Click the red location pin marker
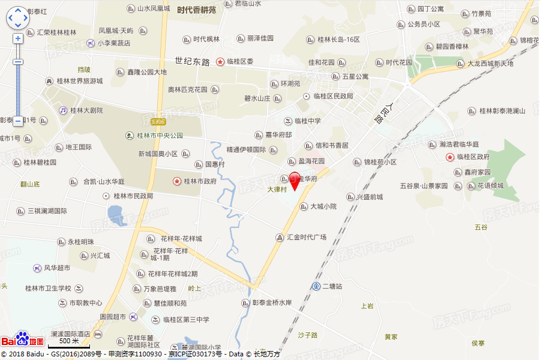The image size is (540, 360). click(x=295, y=181)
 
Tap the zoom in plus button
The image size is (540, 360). click(x=18, y=38)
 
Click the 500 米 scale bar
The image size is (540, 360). click(x=68, y=343)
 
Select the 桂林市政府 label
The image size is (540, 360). click(x=200, y=181)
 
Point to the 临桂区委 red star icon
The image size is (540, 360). click(x=221, y=61)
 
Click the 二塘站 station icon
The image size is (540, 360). click(x=316, y=286)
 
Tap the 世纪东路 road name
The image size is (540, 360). click(x=193, y=61)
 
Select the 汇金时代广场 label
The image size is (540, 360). click(x=306, y=237)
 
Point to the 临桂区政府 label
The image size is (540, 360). click(x=473, y=157)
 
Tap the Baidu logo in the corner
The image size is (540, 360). click(x=22, y=340)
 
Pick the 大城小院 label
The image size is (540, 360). click(x=323, y=206)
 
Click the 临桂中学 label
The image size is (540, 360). click(x=307, y=121)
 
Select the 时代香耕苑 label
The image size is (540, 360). click(x=196, y=9)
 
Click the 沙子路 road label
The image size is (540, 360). click(x=307, y=335)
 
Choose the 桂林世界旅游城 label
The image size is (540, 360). click(x=79, y=81)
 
